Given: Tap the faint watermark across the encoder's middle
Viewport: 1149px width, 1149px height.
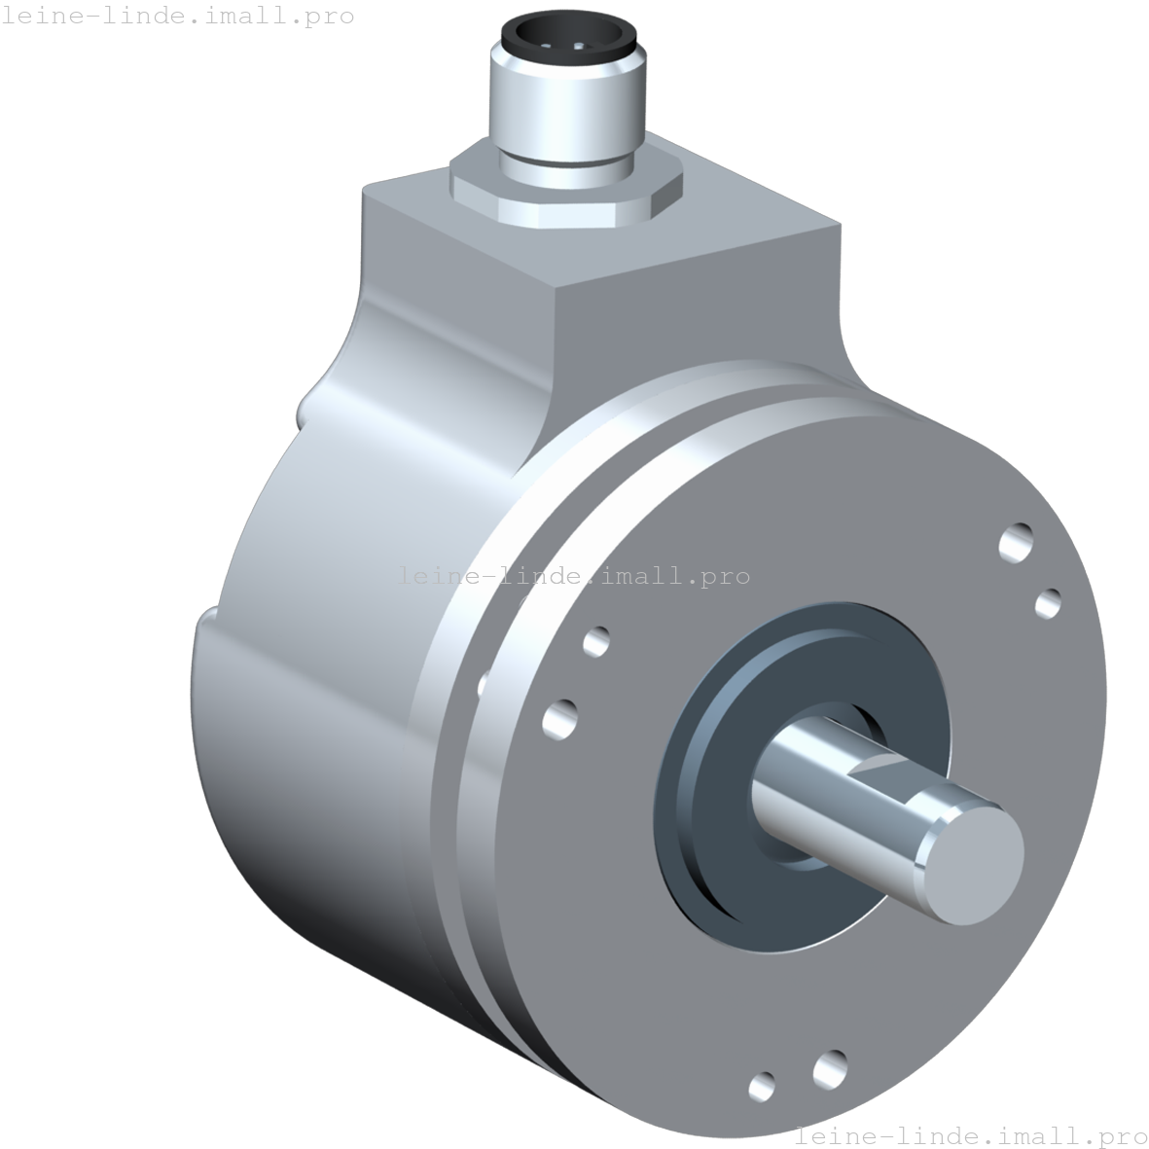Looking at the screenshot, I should click(x=574, y=575).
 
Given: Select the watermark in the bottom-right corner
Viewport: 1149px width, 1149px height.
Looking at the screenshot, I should click(x=971, y=1135).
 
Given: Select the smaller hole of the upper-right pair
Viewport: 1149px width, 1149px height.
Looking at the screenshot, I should click(x=1048, y=603).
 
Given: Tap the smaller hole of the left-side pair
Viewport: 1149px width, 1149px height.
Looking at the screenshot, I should click(x=596, y=640).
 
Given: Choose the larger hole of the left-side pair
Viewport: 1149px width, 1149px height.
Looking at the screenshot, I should click(x=559, y=720).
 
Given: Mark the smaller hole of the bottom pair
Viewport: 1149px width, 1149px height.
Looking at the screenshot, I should click(x=763, y=1085).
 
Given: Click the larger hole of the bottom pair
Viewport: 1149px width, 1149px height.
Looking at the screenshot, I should click(x=830, y=1067).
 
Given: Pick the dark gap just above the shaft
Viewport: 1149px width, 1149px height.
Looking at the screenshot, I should click(x=856, y=725).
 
